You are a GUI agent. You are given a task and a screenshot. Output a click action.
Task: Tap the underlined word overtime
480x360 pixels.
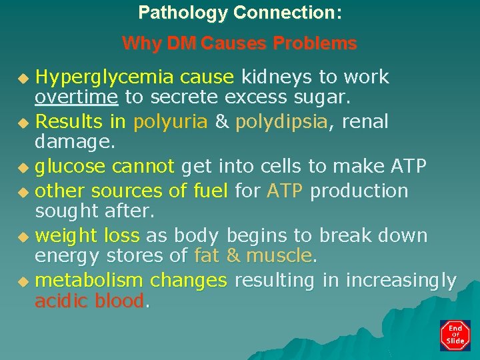pyautogui.click(x=76, y=97)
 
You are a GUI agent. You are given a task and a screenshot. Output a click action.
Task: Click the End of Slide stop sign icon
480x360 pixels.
pyautogui.click(x=455, y=335)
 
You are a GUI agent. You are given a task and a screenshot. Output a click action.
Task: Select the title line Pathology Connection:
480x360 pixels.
pyautogui.click(x=240, y=13)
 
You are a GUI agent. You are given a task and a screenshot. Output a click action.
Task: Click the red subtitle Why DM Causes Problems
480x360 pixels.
pyautogui.click(x=240, y=45)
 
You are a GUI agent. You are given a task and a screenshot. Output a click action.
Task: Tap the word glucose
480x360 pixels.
pyautogui.click(x=70, y=167)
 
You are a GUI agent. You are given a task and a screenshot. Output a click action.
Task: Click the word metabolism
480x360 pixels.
pyautogui.click(x=89, y=281)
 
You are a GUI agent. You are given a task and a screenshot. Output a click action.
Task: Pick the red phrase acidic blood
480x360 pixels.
pyautogui.click(x=89, y=301)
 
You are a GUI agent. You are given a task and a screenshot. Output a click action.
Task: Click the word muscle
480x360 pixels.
pyautogui.click(x=279, y=255)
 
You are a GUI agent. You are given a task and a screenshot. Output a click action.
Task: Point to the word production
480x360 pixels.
pyautogui.click(x=359, y=191)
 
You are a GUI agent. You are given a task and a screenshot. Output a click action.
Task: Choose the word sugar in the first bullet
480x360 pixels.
pyautogui.click(x=325, y=97)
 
